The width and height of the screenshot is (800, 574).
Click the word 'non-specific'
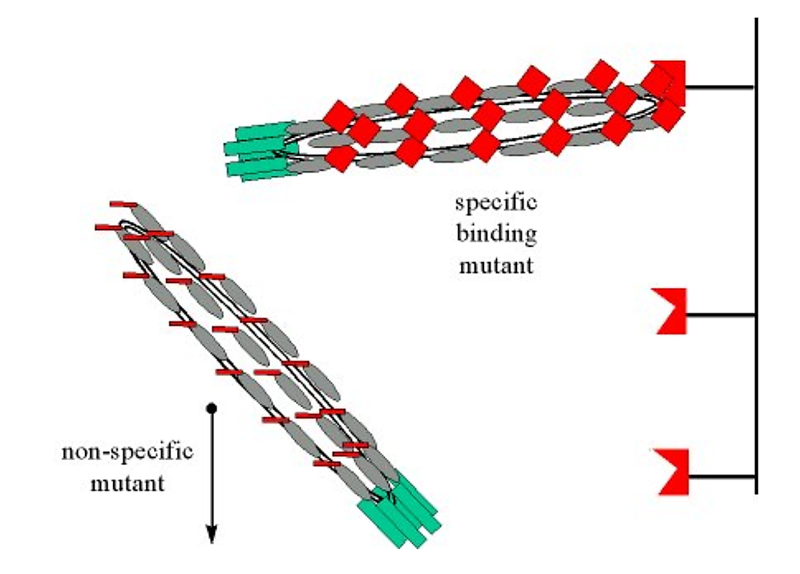click(127, 451)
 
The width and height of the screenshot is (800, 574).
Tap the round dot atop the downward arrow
click(212, 407)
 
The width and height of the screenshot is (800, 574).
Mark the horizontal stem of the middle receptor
click(721, 314)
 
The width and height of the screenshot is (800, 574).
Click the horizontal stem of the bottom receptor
click(721, 477)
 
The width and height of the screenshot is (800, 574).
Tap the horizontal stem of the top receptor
click(721, 87)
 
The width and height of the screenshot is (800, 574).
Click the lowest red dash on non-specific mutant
click(327, 463)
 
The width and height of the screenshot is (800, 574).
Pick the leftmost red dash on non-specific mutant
click(107, 228)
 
